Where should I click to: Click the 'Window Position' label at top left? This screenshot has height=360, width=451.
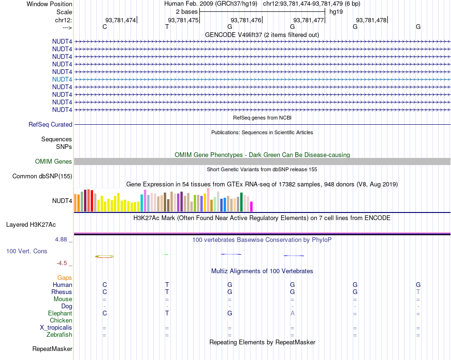(x=49, y=4)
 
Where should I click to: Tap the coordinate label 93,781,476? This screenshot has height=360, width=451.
(x=246, y=20)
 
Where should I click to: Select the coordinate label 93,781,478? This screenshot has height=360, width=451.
(x=371, y=20)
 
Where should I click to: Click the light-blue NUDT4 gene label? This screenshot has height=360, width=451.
(x=62, y=79)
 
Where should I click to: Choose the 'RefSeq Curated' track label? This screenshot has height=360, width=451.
(x=50, y=125)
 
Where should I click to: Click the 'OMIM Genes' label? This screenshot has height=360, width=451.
(x=54, y=162)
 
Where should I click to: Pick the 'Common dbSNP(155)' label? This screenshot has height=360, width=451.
(x=42, y=176)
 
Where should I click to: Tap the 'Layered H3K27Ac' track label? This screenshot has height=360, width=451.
(x=39, y=224)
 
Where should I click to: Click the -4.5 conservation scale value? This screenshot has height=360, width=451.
(x=62, y=263)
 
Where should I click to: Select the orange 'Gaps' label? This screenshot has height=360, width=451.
(x=65, y=278)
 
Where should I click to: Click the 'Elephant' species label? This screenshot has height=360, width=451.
(x=60, y=314)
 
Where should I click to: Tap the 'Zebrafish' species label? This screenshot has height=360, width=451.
(x=59, y=335)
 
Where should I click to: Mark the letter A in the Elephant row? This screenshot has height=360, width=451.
(x=292, y=314)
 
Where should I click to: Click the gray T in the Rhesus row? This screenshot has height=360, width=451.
(x=418, y=292)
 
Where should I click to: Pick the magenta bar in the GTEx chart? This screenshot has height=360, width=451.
(x=252, y=206)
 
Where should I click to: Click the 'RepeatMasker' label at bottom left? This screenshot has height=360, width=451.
(x=52, y=349)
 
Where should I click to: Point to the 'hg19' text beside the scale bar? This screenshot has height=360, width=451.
(x=336, y=11)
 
